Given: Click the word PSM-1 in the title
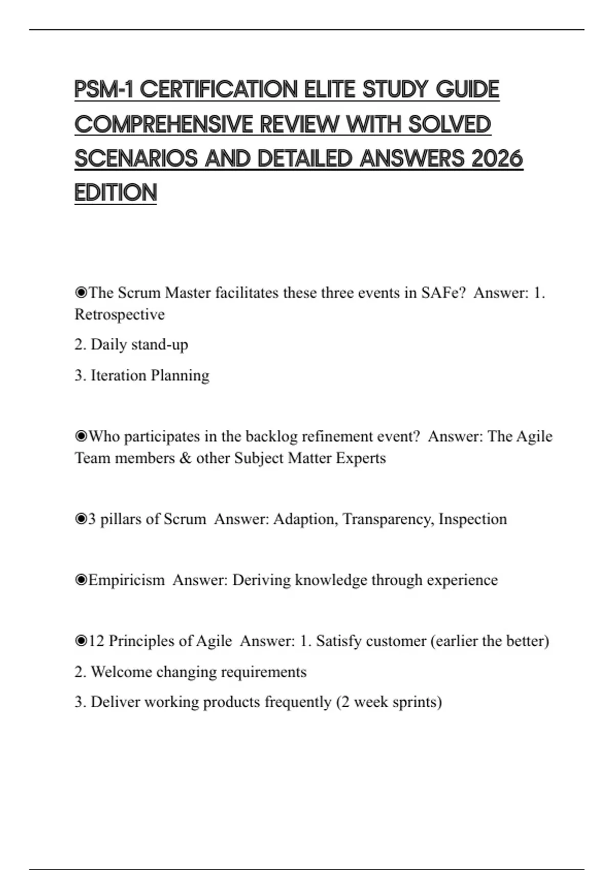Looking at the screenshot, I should click(103, 90).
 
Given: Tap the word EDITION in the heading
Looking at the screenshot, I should click(116, 193).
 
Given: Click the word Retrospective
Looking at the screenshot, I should click(120, 314).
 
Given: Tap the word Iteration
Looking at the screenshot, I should click(118, 375).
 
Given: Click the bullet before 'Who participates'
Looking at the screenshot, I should click(81, 437).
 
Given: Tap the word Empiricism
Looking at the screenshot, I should click(126, 580).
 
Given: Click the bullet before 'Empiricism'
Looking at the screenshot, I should click(81, 580).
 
